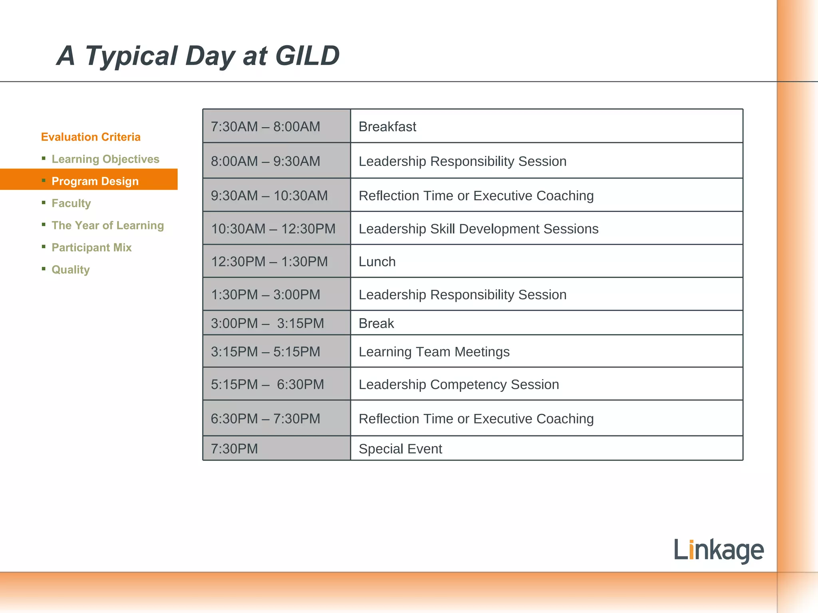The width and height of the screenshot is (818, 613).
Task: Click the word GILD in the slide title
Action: [x=308, y=56]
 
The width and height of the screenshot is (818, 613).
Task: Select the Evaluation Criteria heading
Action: [x=91, y=137]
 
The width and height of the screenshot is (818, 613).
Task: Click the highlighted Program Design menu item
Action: [x=95, y=181]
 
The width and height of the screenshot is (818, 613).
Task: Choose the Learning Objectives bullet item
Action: [x=105, y=159]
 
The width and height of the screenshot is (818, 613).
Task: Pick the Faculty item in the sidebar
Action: [x=71, y=203]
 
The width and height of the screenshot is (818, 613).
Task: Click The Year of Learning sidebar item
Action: [x=108, y=225]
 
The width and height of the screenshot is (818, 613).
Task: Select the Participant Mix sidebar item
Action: [x=91, y=247]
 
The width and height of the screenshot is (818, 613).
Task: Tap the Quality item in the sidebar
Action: [x=71, y=269]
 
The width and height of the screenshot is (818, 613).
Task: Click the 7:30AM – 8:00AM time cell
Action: [x=266, y=127]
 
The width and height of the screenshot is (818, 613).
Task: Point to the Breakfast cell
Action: [x=387, y=127]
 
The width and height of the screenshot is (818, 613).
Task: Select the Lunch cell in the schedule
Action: [x=377, y=261]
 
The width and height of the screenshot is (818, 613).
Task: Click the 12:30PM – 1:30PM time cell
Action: [x=269, y=261]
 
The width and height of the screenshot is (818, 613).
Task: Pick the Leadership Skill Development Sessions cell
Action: [x=478, y=229]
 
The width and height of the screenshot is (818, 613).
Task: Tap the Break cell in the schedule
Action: [x=376, y=323]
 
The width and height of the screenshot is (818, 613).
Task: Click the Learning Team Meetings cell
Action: [x=434, y=352]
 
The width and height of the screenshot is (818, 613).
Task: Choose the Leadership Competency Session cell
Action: [x=459, y=384]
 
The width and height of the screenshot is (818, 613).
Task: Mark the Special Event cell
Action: [x=400, y=449]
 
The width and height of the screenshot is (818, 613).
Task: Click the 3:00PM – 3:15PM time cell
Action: [x=267, y=323]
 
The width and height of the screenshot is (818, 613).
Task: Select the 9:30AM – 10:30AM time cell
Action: [x=269, y=196]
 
